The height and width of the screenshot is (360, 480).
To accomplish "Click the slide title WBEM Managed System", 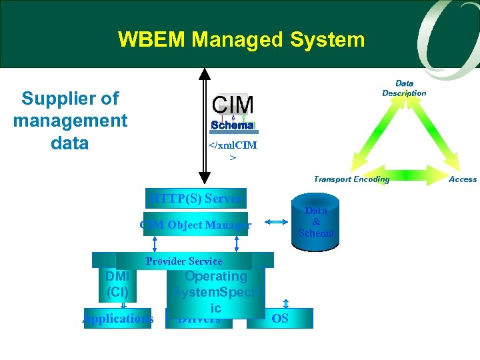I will pyautogui.click(x=241, y=39).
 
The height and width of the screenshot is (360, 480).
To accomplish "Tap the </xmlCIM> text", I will pyautogui.click(x=233, y=151).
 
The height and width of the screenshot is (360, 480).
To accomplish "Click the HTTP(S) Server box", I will pyautogui.click(x=197, y=199).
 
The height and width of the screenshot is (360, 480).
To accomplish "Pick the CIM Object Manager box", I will pyautogui.click(x=195, y=225).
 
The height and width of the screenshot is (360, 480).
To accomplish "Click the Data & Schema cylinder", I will pyautogui.click(x=316, y=222).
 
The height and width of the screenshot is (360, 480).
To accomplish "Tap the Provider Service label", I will pyautogui.click(x=183, y=261).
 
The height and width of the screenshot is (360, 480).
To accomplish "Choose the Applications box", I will pyautogui.click(x=118, y=319).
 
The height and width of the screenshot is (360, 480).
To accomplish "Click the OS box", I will pyautogui.click(x=280, y=319).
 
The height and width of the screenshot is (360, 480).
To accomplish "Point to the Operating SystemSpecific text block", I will pyautogui.click(x=215, y=292).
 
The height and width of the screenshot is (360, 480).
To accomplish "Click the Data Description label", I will pyautogui.click(x=404, y=88).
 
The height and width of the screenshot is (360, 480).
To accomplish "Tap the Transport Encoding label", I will pyautogui.click(x=351, y=179).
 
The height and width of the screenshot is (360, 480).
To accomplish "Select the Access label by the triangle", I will pyautogui.click(x=463, y=179).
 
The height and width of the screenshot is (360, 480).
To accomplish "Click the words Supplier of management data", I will pyautogui.click(x=70, y=121).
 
